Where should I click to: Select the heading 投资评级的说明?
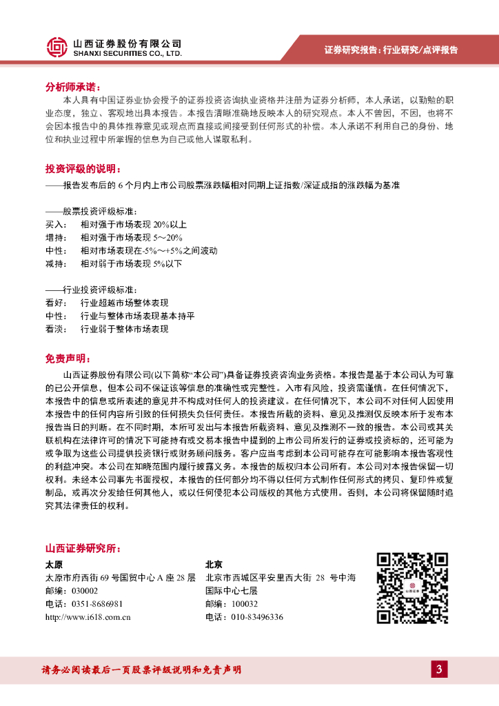point(81,169)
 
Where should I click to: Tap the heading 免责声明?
point(66,359)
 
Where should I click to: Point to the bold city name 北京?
point(215,563)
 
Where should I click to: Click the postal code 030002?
point(83,591)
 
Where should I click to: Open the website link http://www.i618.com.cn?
point(88,617)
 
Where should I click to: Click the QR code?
point(412,587)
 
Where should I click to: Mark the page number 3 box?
point(439,669)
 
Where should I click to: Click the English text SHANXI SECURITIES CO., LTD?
point(127,52)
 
